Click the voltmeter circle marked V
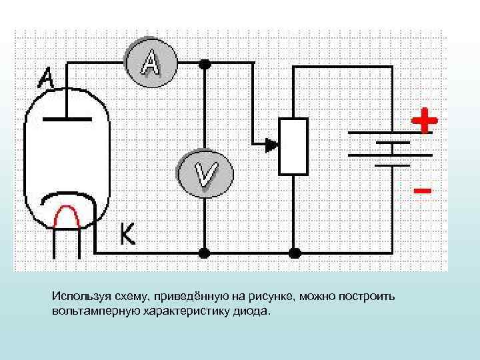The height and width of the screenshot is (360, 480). (205, 174)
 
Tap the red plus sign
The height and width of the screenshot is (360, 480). (424, 121)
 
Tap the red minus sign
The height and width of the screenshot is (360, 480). (421, 190)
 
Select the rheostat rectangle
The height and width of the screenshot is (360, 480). (293, 147)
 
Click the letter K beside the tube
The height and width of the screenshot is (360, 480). (127, 233)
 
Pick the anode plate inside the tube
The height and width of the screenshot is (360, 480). (67, 119)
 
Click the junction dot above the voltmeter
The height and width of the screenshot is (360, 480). (205, 64)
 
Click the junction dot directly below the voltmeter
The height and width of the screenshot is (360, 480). (205, 253)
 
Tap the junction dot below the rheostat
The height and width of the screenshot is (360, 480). (293, 253)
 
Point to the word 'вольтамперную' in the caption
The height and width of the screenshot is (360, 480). (89, 311)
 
